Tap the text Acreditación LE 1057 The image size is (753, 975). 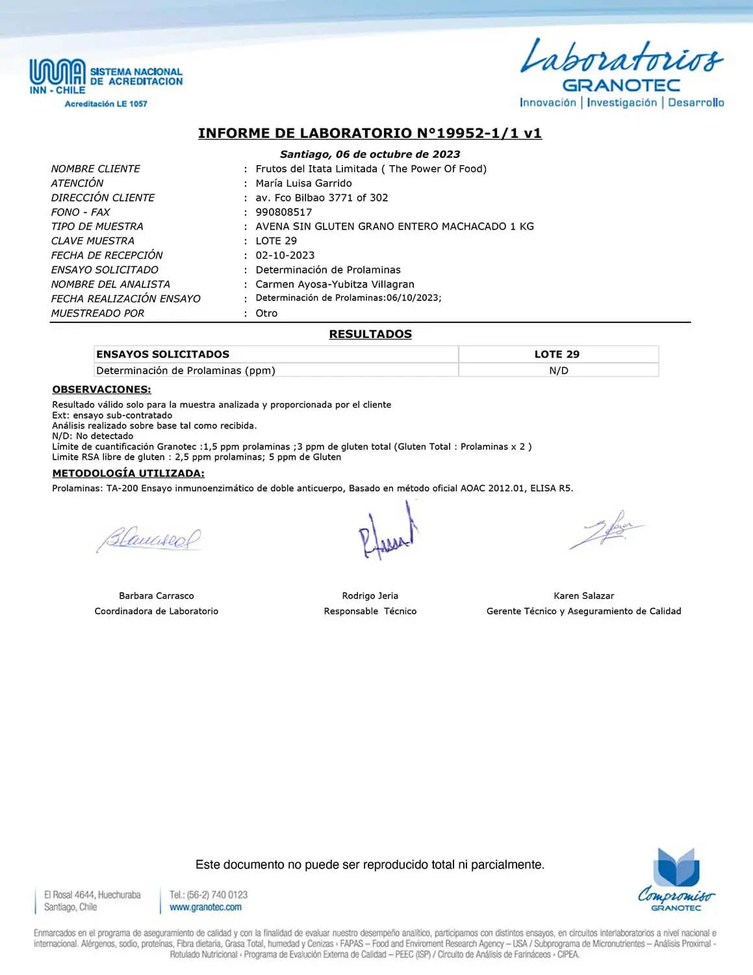106,104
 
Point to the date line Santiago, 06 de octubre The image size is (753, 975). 370,154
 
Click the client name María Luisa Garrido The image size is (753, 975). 303,183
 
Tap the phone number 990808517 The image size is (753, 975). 283,212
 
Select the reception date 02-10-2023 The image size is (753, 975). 285,255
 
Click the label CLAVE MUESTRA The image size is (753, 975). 92,241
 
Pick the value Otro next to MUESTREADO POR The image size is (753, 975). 266,313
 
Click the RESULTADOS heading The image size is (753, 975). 370,334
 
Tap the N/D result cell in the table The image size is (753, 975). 558,370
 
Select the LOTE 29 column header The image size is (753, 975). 557,354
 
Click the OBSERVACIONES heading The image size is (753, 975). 101,389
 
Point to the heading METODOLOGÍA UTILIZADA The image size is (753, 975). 128,473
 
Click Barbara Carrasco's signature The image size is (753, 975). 149,538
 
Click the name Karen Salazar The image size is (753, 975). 583,595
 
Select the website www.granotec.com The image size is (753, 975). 205,907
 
